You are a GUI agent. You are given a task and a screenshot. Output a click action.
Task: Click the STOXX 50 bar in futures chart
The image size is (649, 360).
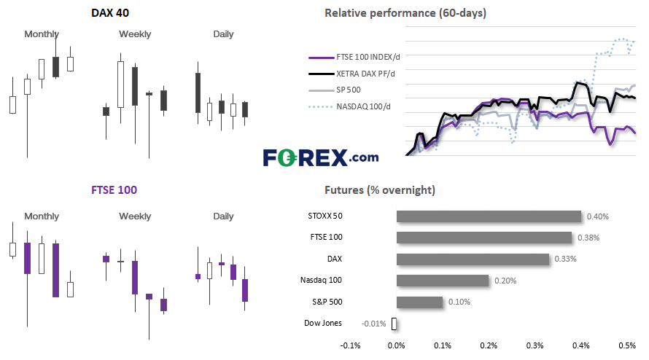tap(489, 216)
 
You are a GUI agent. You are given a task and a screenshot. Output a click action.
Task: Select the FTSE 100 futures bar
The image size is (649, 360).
tap(484, 238)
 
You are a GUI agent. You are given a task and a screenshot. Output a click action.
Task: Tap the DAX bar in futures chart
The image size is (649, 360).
tap(473, 259)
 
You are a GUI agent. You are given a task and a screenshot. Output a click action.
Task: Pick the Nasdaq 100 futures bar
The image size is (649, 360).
tap(443, 281)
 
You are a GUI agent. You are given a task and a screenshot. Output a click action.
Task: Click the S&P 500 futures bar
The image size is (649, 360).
tap(419, 302)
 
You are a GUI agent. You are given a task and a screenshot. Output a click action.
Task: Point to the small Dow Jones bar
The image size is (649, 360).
tap(394, 324)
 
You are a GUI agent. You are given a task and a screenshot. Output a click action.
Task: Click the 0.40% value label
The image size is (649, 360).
tap(598, 216)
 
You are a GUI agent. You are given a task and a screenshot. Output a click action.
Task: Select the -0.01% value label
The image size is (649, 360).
tap(373, 324)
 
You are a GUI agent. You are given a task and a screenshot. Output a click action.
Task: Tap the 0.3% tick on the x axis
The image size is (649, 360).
tap(535, 345)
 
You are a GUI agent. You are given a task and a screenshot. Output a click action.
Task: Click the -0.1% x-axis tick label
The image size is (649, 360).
tap(350, 345)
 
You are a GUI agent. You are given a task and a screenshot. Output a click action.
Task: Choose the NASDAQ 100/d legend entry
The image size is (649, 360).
tap(350, 106)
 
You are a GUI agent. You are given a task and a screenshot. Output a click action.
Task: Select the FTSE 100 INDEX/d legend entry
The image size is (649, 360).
tap(354, 57)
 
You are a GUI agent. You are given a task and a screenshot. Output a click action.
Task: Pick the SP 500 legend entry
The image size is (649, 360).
tap(335, 90)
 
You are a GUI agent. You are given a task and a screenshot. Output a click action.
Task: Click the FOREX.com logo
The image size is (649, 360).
tap(321, 157)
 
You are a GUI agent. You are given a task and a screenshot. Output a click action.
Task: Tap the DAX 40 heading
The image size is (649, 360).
tap(110, 13)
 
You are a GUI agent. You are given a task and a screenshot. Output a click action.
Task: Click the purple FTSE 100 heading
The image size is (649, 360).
tap(114, 190)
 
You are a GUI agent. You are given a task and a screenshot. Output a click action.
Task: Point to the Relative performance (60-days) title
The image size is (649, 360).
tap(405, 13)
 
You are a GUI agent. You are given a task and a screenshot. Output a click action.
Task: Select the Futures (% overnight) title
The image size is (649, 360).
tap(380, 190)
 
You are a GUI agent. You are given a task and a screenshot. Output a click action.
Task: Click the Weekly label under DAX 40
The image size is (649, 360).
tap(135, 34)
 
